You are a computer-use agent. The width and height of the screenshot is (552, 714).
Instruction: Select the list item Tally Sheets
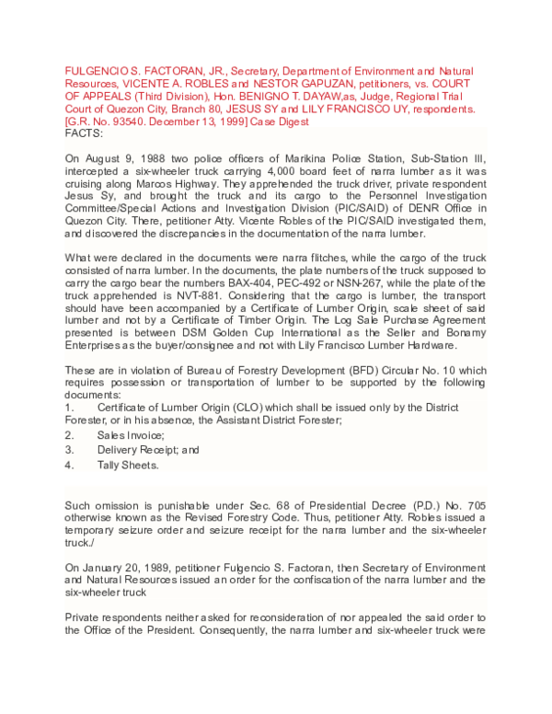[128, 465]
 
